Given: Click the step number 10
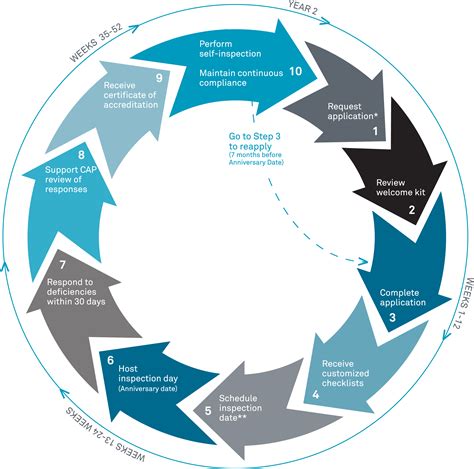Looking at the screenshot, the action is pos(295,71).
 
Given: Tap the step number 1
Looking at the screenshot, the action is pos(375,131).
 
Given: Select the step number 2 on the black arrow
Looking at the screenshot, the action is pos(412,210).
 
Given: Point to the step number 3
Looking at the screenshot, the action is pos(392,317).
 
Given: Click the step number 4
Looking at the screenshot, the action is pos(316,395).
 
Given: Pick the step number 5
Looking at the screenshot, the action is pos(208,411).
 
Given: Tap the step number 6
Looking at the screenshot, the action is pos(110,361).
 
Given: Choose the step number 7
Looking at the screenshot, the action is pos(63,265).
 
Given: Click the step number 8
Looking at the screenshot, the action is pos(81,155).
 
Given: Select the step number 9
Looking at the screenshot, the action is pos(159,78).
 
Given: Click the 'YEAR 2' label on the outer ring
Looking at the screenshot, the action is pos(303,8).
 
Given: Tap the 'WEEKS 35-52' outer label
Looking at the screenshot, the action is pos(96,42).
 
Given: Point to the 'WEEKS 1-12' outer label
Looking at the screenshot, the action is pos(464,303).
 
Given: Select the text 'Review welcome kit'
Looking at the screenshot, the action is pos(401,187).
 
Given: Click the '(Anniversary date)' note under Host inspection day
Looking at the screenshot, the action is pos(148,389).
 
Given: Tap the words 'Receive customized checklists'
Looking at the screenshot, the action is pos(345,373).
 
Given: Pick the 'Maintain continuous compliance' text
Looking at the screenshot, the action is pos(241,78).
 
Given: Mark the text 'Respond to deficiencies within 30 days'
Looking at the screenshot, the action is pos(76,292).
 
